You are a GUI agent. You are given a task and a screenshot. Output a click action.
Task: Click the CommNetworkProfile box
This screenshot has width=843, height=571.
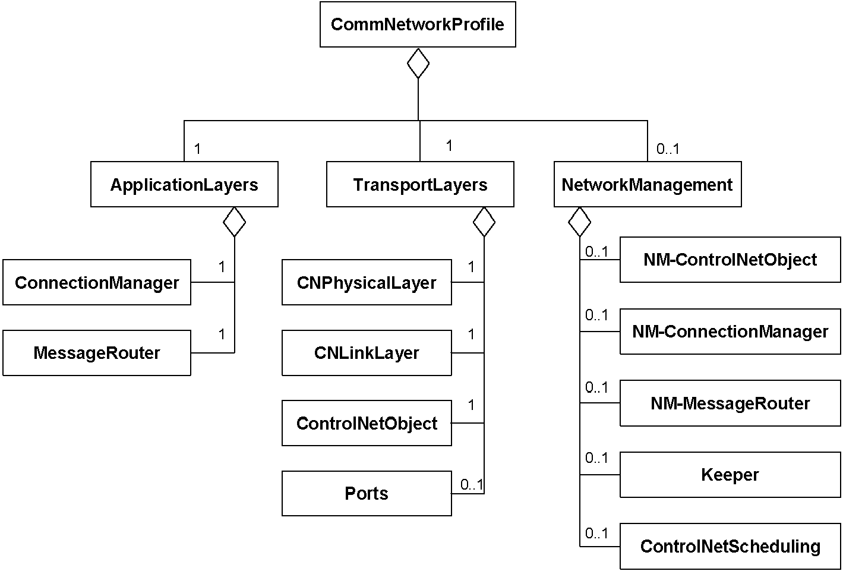pos(418,24)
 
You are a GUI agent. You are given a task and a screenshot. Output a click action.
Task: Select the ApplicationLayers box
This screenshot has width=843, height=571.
pos(184,184)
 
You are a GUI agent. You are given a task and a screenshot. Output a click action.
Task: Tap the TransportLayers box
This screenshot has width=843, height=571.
pos(420,184)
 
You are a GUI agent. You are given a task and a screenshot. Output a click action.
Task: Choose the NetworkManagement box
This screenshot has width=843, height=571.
pos(648,184)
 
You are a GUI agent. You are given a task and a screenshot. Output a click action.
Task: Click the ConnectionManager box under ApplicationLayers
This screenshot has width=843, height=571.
pos(97,282)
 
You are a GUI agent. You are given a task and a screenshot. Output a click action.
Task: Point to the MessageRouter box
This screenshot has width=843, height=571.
pos(97,353)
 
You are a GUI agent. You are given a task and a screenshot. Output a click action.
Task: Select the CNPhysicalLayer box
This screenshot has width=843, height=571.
pos(367,282)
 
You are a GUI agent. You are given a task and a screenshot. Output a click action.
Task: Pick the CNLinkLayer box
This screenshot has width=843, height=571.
pos(367,353)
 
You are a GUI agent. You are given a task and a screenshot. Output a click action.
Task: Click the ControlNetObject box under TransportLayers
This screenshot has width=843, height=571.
pos(367,423)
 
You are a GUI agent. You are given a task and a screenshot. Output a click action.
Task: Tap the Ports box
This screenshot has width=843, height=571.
pos(367,494)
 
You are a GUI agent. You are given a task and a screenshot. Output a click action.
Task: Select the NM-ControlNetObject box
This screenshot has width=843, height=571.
pos(730,260)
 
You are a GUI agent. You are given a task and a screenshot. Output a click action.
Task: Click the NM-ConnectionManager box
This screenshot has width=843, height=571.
pos(730,332)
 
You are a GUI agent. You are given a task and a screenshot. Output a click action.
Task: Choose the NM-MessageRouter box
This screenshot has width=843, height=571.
pos(730,403)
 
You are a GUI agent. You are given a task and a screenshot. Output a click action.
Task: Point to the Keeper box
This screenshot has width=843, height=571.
pos(730,475)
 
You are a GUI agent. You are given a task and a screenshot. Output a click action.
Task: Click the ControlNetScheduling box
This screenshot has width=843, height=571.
pos(730,547)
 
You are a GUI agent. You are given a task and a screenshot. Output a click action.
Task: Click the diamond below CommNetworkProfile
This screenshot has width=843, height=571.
pos(418,63)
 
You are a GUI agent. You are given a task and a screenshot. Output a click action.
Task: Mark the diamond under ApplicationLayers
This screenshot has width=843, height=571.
pos(235,222)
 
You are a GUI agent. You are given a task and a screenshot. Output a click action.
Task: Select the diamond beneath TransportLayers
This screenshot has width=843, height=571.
pos(484,222)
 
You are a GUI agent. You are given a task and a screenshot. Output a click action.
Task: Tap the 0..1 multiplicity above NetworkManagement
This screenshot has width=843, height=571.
pos(668,149)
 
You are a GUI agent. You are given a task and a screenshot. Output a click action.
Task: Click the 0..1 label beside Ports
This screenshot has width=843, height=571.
pos(472,484)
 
